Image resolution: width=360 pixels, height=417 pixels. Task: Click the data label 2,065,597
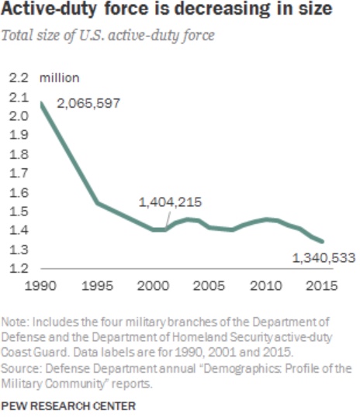point(88,103)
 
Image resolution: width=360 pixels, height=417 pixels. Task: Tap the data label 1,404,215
point(171,202)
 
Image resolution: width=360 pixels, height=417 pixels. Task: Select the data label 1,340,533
point(324,258)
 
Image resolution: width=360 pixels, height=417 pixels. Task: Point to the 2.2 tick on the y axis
point(19,78)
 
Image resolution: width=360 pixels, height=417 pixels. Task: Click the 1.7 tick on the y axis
point(19,173)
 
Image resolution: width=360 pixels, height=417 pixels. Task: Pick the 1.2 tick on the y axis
point(19,268)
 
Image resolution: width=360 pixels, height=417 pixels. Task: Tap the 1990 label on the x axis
point(40,286)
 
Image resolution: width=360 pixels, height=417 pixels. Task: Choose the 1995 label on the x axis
point(97,286)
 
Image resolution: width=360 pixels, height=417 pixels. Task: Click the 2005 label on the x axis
point(209,286)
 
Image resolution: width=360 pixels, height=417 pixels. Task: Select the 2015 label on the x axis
point(322,286)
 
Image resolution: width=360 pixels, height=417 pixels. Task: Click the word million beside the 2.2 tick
point(60,78)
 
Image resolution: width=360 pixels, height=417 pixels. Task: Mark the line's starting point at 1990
point(41,103)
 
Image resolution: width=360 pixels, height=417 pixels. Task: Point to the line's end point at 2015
point(322,242)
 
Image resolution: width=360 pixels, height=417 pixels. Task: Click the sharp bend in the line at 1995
point(98,203)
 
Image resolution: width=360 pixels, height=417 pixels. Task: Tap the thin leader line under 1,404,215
point(168,219)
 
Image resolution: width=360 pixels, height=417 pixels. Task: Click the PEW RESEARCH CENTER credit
point(68,406)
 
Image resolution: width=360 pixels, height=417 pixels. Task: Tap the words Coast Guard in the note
point(34,352)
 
